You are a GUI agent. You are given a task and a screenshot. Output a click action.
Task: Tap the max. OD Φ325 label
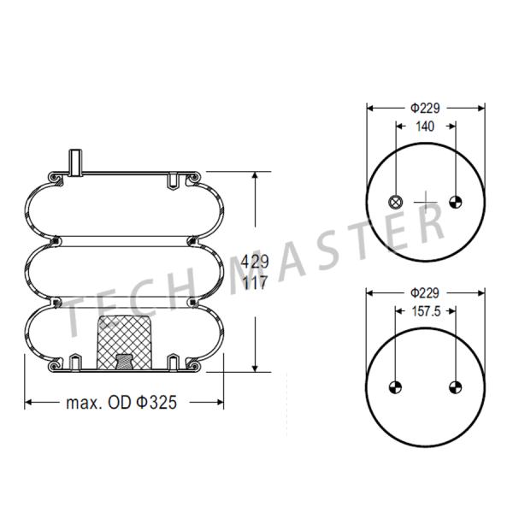121,402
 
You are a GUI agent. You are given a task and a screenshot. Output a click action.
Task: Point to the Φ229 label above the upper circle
425,108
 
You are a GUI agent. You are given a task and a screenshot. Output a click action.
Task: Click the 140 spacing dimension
425,126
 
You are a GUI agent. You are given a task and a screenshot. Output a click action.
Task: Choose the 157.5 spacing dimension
425,312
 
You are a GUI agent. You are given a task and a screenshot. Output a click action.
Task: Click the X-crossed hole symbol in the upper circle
395,202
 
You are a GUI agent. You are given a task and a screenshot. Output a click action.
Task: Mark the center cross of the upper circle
425,202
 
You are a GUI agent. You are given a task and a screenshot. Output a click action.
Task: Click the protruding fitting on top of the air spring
74,161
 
